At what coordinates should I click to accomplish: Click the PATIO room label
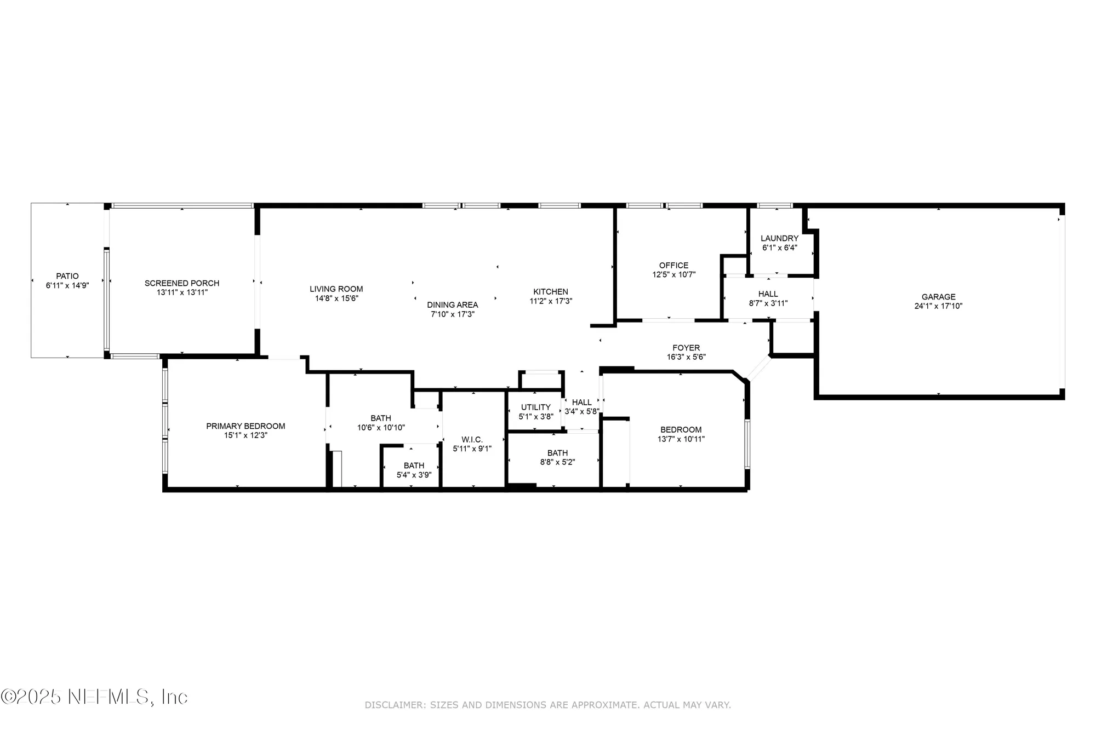pyautogui.click(x=67, y=276)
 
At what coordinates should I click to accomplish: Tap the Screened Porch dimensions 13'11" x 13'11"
pyautogui.click(x=182, y=292)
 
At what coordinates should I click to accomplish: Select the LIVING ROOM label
pyautogui.click(x=336, y=289)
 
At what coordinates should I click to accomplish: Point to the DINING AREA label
pyautogui.click(x=453, y=305)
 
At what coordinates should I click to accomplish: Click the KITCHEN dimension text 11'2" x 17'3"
pyautogui.click(x=551, y=301)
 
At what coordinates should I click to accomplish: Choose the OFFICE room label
pyautogui.click(x=673, y=266)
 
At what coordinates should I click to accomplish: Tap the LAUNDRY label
pyautogui.click(x=779, y=238)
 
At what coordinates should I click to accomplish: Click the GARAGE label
pyautogui.click(x=938, y=297)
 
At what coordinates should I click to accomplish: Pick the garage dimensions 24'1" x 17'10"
pyautogui.click(x=938, y=306)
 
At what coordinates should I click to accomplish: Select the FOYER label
pyautogui.click(x=686, y=348)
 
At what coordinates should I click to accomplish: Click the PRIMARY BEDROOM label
pyautogui.click(x=246, y=426)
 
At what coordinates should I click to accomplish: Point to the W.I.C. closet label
pyautogui.click(x=472, y=440)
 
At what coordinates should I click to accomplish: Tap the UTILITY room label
pyautogui.click(x=535, y=407)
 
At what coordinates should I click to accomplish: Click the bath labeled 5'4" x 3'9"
pyautogui.click(x=414, y=470)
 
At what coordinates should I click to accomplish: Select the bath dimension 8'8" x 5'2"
pyautogui.click(x=557, y=462)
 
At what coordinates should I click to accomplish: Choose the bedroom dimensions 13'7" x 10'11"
pyautogui.click(x=681, y=439)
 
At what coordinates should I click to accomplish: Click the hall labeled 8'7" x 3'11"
pyautogui.click(x=768, y=298)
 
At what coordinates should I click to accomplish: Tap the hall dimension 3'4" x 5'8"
pyautogui.click(x=582, y=411)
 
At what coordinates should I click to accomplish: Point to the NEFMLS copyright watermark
pyautogui.click(x=94, y=697)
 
